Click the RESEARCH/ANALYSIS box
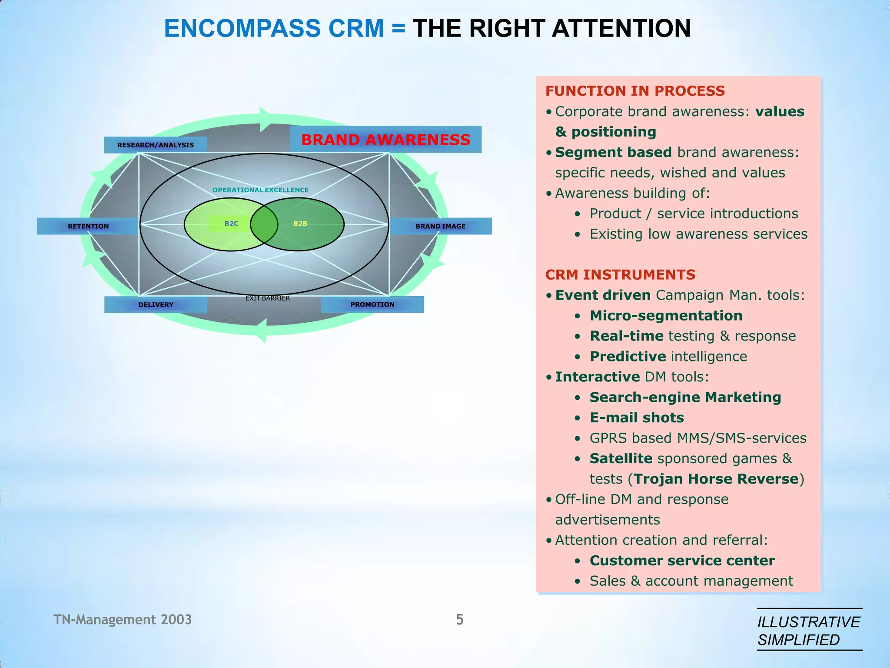pos(155,145)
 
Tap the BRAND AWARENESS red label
pos(385,140)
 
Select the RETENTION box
pos(88,226)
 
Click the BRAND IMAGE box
pos(440,226)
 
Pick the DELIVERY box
pos(156,304)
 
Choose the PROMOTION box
pos(372,304)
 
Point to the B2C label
pos(231,224)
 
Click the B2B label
pos(300,224)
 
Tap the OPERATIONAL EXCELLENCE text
pos(260,190)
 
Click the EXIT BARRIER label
pos(267,298)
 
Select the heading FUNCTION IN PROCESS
pos(635,91)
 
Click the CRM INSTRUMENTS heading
pos(620,275)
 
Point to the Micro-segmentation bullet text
pos(666,316)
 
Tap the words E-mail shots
pos(637,417)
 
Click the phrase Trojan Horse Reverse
pos(716,479)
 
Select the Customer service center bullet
pos(682,561)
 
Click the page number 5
pos(460,619)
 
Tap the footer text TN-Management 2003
pos(123,619)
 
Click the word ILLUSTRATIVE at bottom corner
pos(808,622)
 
